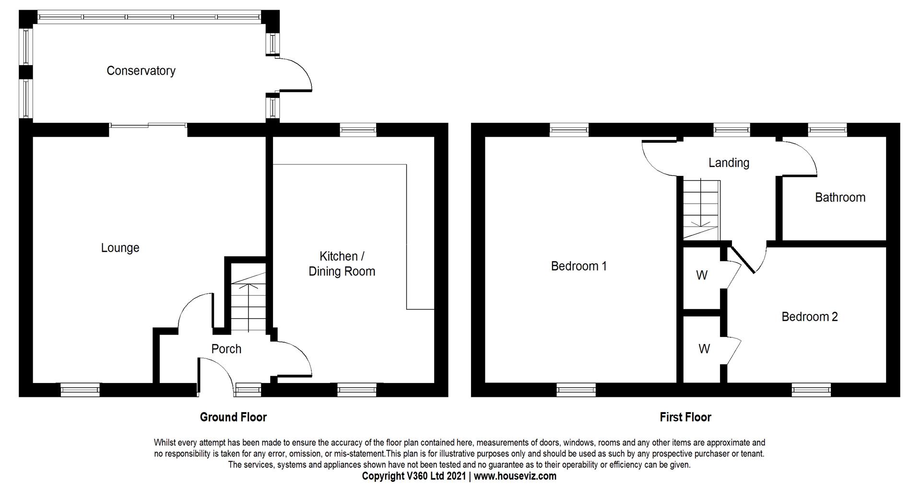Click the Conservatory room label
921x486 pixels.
141,71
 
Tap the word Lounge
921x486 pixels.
120,248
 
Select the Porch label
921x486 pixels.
226,349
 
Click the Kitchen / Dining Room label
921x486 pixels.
342,264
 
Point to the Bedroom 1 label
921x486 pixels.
579,266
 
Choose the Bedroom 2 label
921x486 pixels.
809,317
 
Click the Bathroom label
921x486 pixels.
840,197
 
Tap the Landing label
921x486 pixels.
729,163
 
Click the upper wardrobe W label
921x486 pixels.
702,276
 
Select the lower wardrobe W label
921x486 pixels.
704,349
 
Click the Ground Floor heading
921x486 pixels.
233,417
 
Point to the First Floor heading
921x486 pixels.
685,417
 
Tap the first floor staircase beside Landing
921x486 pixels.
701,209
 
